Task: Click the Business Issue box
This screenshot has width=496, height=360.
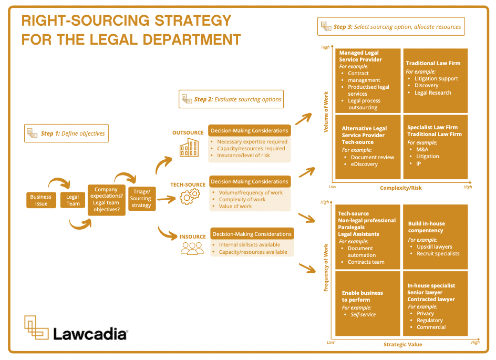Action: (x=41, y=200)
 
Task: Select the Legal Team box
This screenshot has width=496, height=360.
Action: (x=73, y=200)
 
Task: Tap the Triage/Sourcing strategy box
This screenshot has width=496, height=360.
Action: (x=141, y=198)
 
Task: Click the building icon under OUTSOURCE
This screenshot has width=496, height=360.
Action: (x=189, y=148)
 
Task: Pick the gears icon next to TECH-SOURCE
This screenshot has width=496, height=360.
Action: (x=190, y=197)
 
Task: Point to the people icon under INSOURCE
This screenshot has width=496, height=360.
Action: (x=192, y=249)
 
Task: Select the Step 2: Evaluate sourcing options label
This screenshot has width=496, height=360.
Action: (x=231, y=99)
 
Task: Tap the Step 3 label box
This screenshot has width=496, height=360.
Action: (x=391, y=26)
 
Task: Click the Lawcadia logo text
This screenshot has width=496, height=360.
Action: (x=90, y=334)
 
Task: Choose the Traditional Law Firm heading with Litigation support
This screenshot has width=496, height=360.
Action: (x=433, y=63)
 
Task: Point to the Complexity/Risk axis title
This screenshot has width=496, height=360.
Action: (x=401, y=188)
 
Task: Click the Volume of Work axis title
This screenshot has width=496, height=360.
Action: (x=326, y=112)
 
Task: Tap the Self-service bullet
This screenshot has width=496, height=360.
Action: (x=363, y=314)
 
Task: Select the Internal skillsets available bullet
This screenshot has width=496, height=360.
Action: (x=249, y=244)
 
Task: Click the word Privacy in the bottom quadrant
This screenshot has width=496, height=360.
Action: (x=425, y=313)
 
